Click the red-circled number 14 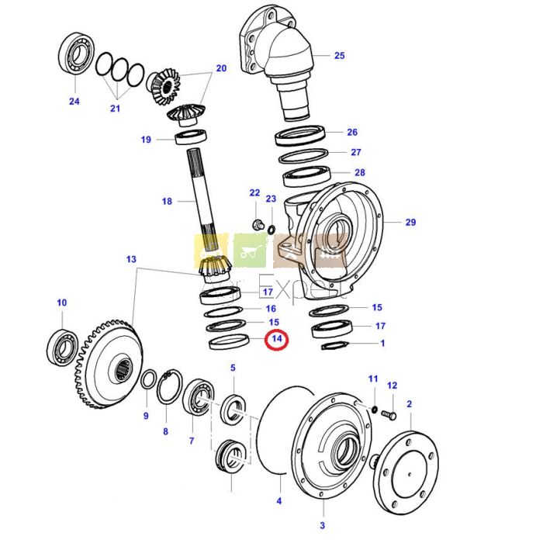[x=276, y=339]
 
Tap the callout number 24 [x=74, y=101]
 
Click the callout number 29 [x=410, y=223]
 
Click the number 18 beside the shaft [x=167, y=202]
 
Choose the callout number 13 [x=131, y=258]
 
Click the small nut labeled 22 [x=256, y=226]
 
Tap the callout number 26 [x=352, y=132]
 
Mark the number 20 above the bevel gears [x=221, y=68]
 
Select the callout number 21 [x=115, y=109]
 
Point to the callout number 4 [x=279, y=501]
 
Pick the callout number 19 [x=146, y=140]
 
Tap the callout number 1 [x=382, y=342]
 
